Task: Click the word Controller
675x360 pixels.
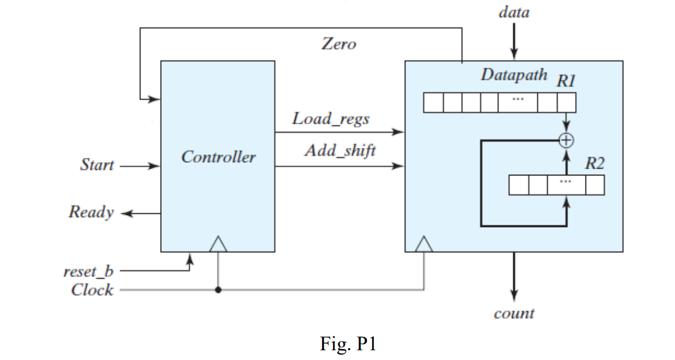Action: click(x=218, y=157)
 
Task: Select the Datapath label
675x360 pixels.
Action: click(x=513, y=75)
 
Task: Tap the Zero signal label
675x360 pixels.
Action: click(x=338, y=44)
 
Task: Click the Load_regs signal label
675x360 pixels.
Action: click(x=330, y=119)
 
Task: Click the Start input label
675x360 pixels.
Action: click(x=96, y=166)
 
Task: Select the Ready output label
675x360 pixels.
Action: click(x=91, y=212)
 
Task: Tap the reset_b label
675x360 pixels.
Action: click(x=88, y=271)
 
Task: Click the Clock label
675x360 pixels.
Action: click(x=92, y=290)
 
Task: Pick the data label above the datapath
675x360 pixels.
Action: click(x=514, y=12)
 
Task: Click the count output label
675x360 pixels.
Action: click(x=514, y=314)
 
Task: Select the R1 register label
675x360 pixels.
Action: click(x=565, y=80)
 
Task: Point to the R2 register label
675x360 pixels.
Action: click(x=594, y=164)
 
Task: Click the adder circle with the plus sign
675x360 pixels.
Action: click(x=567, y=139)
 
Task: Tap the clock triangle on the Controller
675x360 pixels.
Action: click(x=218, y=245)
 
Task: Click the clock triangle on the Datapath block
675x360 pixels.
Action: click(x=424, y=245)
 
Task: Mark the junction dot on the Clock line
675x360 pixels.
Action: click(x=218, y=290)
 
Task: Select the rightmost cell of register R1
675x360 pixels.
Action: click(x=567, y=103)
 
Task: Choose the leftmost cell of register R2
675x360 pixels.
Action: click(x=518, y=185)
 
